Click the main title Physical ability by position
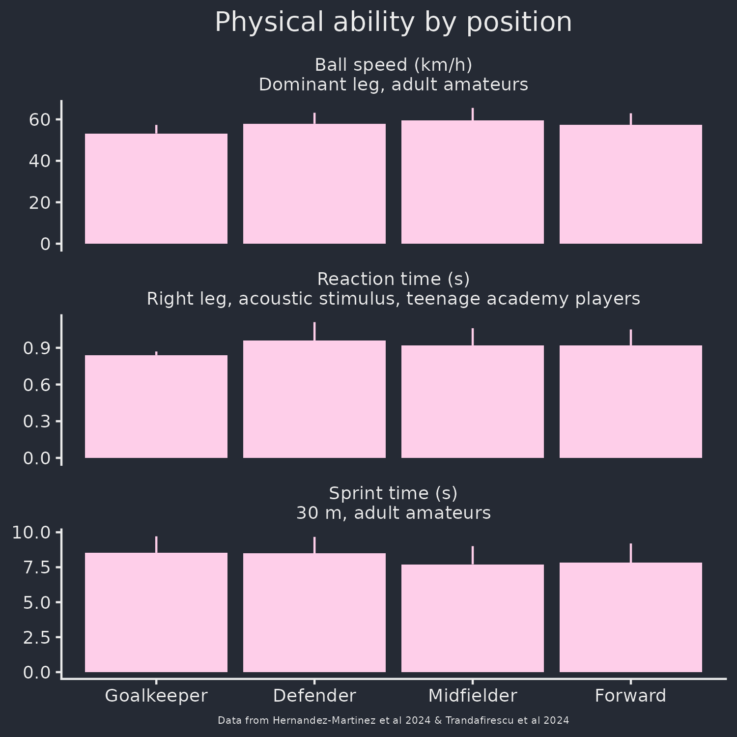tap(393, 23)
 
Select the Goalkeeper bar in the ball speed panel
tap(156, 189)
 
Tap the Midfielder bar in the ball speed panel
tap(473, 182)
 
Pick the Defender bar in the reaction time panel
tap(314, 399)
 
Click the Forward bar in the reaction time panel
tap(631, 401)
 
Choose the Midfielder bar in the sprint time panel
tap(473, 618)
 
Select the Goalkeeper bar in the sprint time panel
tap(156, 612)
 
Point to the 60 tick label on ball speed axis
tap(39, 119)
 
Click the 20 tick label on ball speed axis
tap(39, 202)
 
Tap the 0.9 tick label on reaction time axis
tap(37, 348)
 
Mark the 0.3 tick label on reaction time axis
tap(37, 421)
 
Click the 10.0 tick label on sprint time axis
tap(31, 532)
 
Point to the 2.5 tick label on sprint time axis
tap(37, 637)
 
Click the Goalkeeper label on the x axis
tap(156, 696)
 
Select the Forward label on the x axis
tap(630, 696)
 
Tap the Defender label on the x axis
tap(314, 696)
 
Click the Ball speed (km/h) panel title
tap(393, 65)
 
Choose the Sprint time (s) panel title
tap(393, 493)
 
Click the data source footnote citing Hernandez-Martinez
tap(393, 720)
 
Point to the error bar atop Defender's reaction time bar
tap(314, 331)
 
